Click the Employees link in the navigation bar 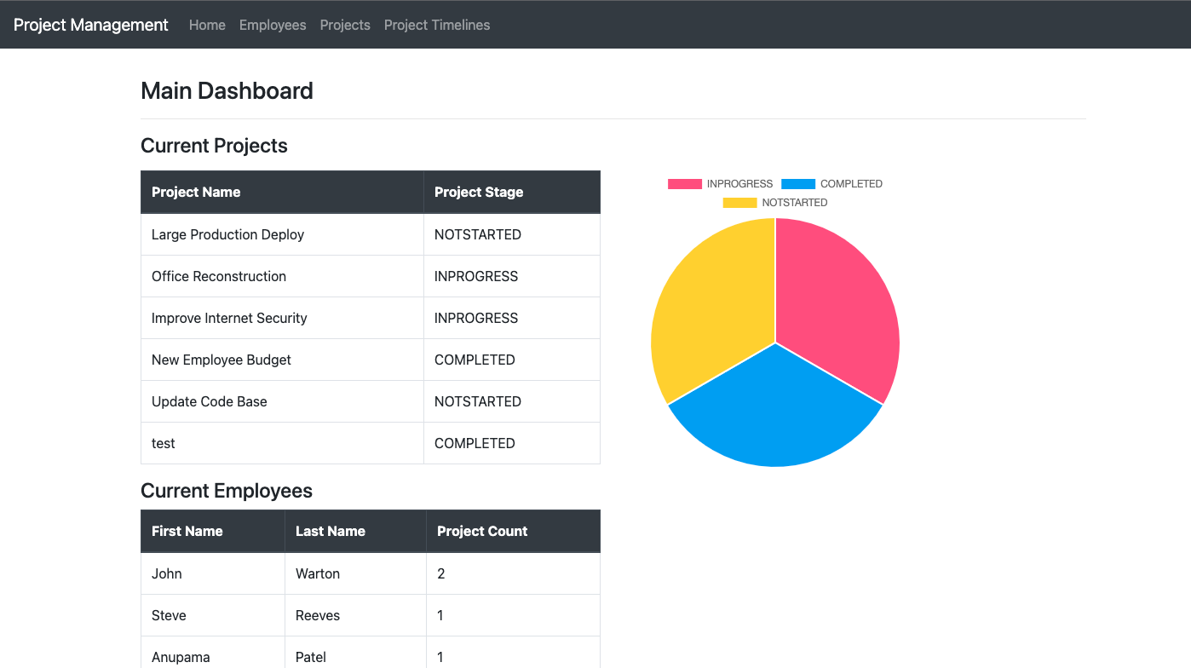point(273,25)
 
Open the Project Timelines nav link point(437,25)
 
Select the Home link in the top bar point(207,25)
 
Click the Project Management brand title point(91,25)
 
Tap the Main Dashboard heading point(227,90)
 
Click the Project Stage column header point(479,192)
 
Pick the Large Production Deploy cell point(227,234)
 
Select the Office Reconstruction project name point(219,276)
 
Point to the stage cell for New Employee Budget point(475,360)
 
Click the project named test point(164,443)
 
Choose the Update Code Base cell point(210,401)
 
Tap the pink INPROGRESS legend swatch point(684,184)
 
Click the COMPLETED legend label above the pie point(851,184)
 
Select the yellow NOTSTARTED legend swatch point(739,203)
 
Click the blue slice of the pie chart point(775,417)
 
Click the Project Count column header point(482,531)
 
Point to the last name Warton point(318,573)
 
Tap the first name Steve point(169,615)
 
